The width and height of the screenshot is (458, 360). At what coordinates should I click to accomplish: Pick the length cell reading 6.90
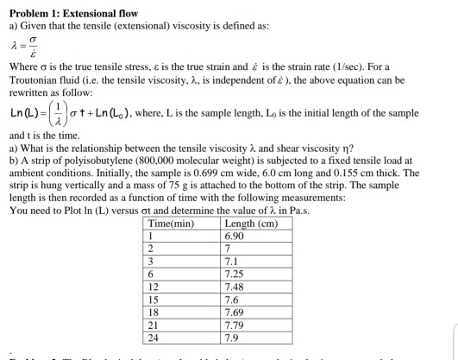coord(234,236)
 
